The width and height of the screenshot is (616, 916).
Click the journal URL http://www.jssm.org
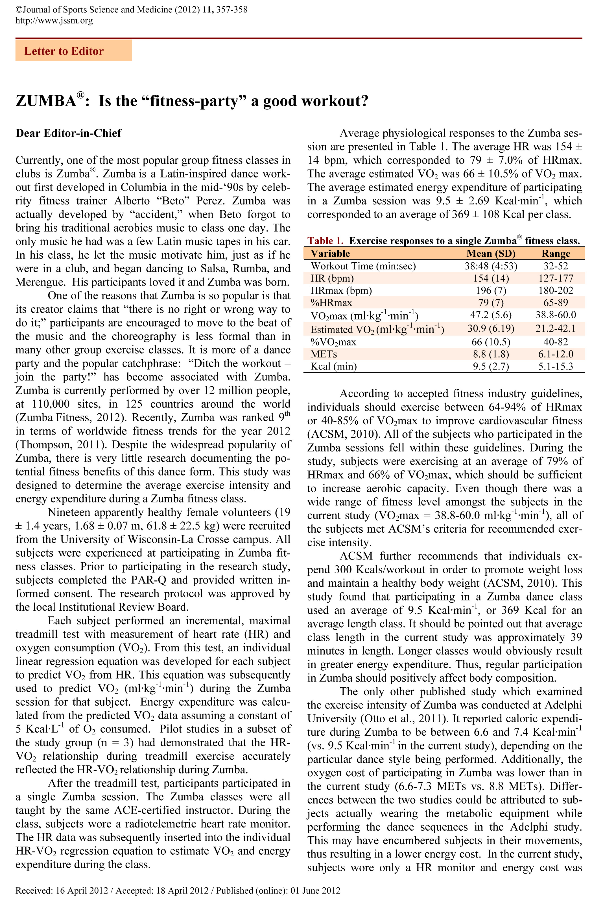click(54, 20)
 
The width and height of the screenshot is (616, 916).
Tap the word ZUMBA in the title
click(45, 101)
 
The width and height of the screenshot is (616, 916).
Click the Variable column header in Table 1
click(330, 253)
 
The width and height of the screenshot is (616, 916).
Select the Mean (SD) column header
click(491, 253)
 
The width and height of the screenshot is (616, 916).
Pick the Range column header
click(556, 253)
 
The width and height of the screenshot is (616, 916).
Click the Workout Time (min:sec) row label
click(363, 266)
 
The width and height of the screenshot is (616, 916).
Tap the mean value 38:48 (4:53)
click(491, 266)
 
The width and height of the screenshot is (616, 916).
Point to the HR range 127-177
click(556, 278)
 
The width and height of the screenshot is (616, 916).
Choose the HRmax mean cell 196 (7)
click(491, 291)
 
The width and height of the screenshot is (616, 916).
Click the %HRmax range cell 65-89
click(556, 303)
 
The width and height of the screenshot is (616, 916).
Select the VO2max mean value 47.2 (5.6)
click(491, 315)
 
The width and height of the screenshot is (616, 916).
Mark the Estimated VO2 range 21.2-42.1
click(556, 329)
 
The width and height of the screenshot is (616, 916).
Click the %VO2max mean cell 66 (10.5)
click(491, 342)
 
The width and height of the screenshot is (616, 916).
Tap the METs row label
click(324, 354)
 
